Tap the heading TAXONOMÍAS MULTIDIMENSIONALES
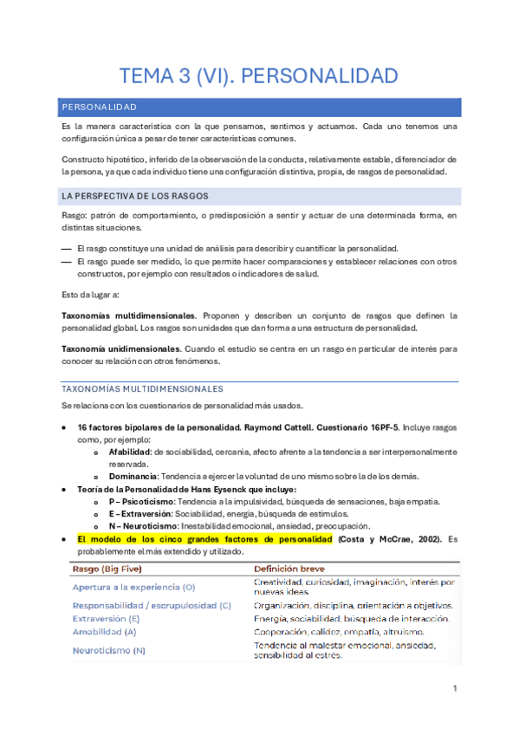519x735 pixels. point(143,389)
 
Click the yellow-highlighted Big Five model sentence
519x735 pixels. point(204,539)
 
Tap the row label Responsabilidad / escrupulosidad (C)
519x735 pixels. point(152,605)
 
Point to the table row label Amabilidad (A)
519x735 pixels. point(105,632)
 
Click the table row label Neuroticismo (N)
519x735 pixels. point(109,650)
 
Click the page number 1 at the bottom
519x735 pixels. point(455,688)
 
